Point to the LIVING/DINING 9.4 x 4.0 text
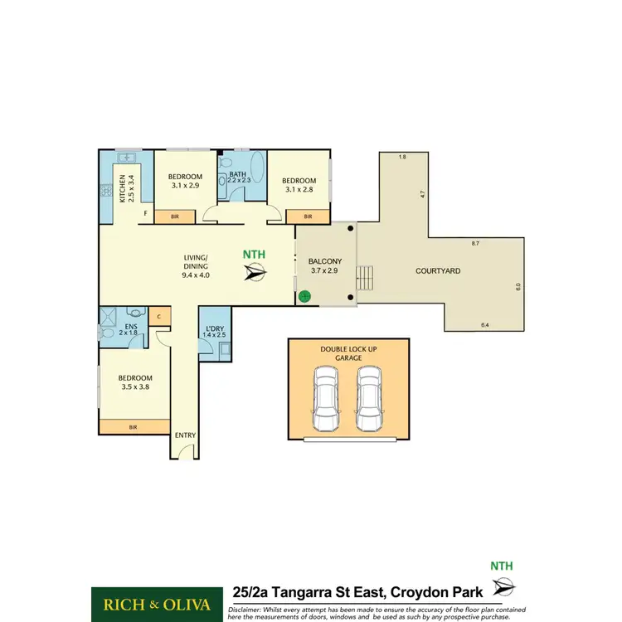tap(197, 265)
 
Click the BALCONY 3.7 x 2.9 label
tap(325, 265)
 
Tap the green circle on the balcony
tap(304, 294)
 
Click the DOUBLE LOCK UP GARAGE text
tap(348, 354)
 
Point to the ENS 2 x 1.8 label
tap(130, 330)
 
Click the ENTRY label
tap(184, 435)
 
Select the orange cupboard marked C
tap(159, 316)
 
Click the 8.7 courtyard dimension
tap(474, 243)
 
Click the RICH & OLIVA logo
tap(157, 602)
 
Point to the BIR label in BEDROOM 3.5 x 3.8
tap(133, 427)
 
